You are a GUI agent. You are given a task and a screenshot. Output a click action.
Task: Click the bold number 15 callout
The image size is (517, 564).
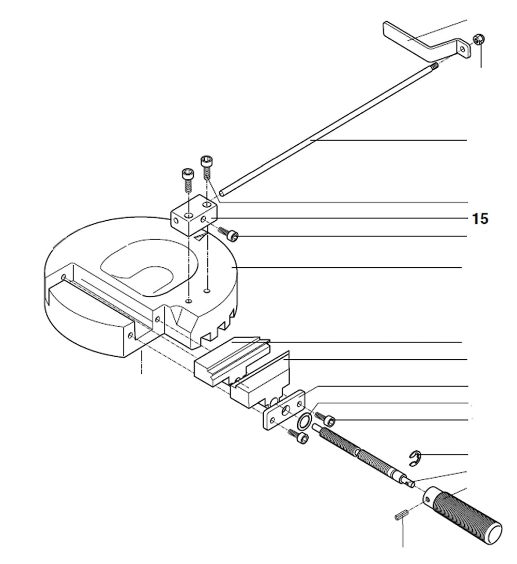480,219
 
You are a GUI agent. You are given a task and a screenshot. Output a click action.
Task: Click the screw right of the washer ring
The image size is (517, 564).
326,418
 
